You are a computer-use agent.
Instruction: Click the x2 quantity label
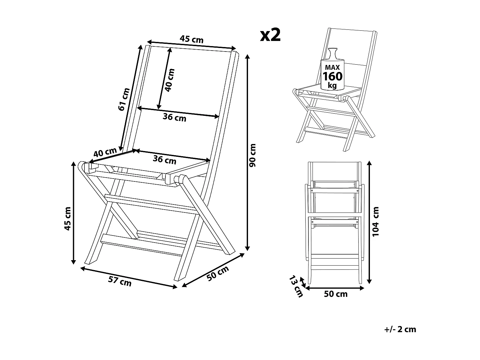[x=270, y=35]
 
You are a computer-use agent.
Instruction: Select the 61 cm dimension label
[x=124, y=99]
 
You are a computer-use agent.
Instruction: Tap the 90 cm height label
[x=253, y=155]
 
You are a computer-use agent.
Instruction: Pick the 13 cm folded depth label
[x=296, y=286]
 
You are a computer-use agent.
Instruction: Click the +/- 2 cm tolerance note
[x=400, y=329]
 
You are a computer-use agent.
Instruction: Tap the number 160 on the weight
[x=332, y=76]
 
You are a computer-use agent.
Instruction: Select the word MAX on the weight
[x=332, y=68]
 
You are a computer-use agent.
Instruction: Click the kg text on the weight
[x=332, y=85]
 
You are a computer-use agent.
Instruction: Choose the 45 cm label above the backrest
[x=191, y=39]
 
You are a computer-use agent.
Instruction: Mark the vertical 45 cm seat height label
[x=67, y=219]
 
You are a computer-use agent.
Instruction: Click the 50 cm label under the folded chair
[x=335, y=294]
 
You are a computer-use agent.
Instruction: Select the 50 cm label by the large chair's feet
[x=218, y=274]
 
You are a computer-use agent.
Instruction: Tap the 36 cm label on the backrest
[x=174, y=117]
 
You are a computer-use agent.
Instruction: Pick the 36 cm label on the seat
[x=164, y=159]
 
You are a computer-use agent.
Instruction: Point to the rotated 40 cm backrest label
[x=169, y=80]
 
